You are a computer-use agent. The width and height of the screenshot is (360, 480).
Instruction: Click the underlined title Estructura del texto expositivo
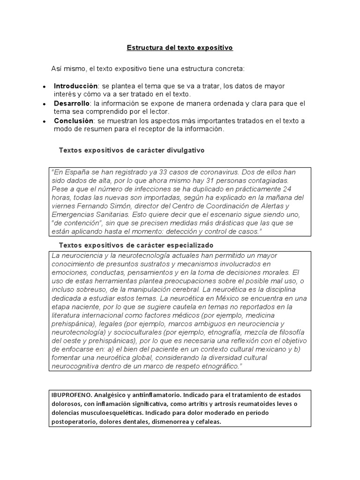pyautogui.click(x=180, y=48)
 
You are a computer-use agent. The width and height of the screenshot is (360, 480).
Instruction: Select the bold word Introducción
pyautogui.click(x=75, y=86)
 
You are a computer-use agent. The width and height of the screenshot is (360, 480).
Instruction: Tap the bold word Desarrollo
pyautogui.click(x=72, y=103)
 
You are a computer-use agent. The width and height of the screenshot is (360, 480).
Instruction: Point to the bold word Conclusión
pyautogui.click(x=74, y=120)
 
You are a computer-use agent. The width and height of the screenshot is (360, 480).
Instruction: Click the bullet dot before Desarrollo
pyautogui.click(x=44, y=104)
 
